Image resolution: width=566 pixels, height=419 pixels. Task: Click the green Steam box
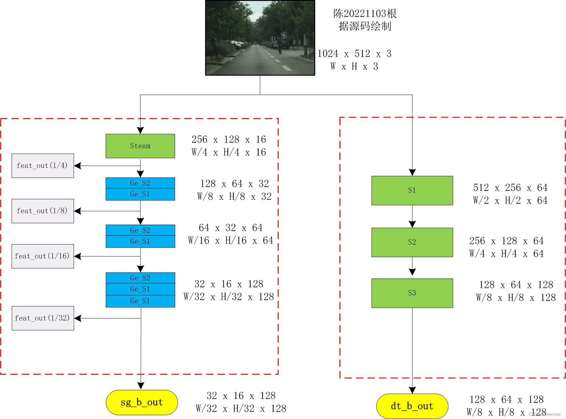pos(140,146)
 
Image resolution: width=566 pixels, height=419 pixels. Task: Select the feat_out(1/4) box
pos(43,166)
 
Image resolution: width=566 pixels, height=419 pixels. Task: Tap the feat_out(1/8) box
pos(43,211)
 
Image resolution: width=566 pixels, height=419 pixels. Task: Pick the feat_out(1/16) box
pos(43,256)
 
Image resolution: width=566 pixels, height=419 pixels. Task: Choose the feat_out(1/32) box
pos(43,318)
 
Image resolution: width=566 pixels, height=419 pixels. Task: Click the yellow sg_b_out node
pos(142,402)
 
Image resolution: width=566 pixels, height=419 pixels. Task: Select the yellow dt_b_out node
pos(412,406)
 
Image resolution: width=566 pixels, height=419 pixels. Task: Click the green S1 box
pos(412,190)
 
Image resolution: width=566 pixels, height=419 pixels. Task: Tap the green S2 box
pos(412,242)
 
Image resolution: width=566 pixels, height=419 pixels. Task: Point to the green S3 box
pos(412,293)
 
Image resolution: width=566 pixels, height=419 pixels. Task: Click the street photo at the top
pos(260,38)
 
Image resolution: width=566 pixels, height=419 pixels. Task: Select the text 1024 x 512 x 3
pos(354,54)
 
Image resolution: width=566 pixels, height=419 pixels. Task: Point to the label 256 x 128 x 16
pos(229,139)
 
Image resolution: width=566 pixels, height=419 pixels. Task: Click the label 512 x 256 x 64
pos(510,188)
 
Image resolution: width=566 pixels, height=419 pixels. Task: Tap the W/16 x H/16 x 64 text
pos(231,240)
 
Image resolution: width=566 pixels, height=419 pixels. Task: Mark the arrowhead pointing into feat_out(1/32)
pos(78,318)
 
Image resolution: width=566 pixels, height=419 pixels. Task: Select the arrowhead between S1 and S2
pos(412,224)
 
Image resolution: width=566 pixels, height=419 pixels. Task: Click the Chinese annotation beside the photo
pos(365,20)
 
